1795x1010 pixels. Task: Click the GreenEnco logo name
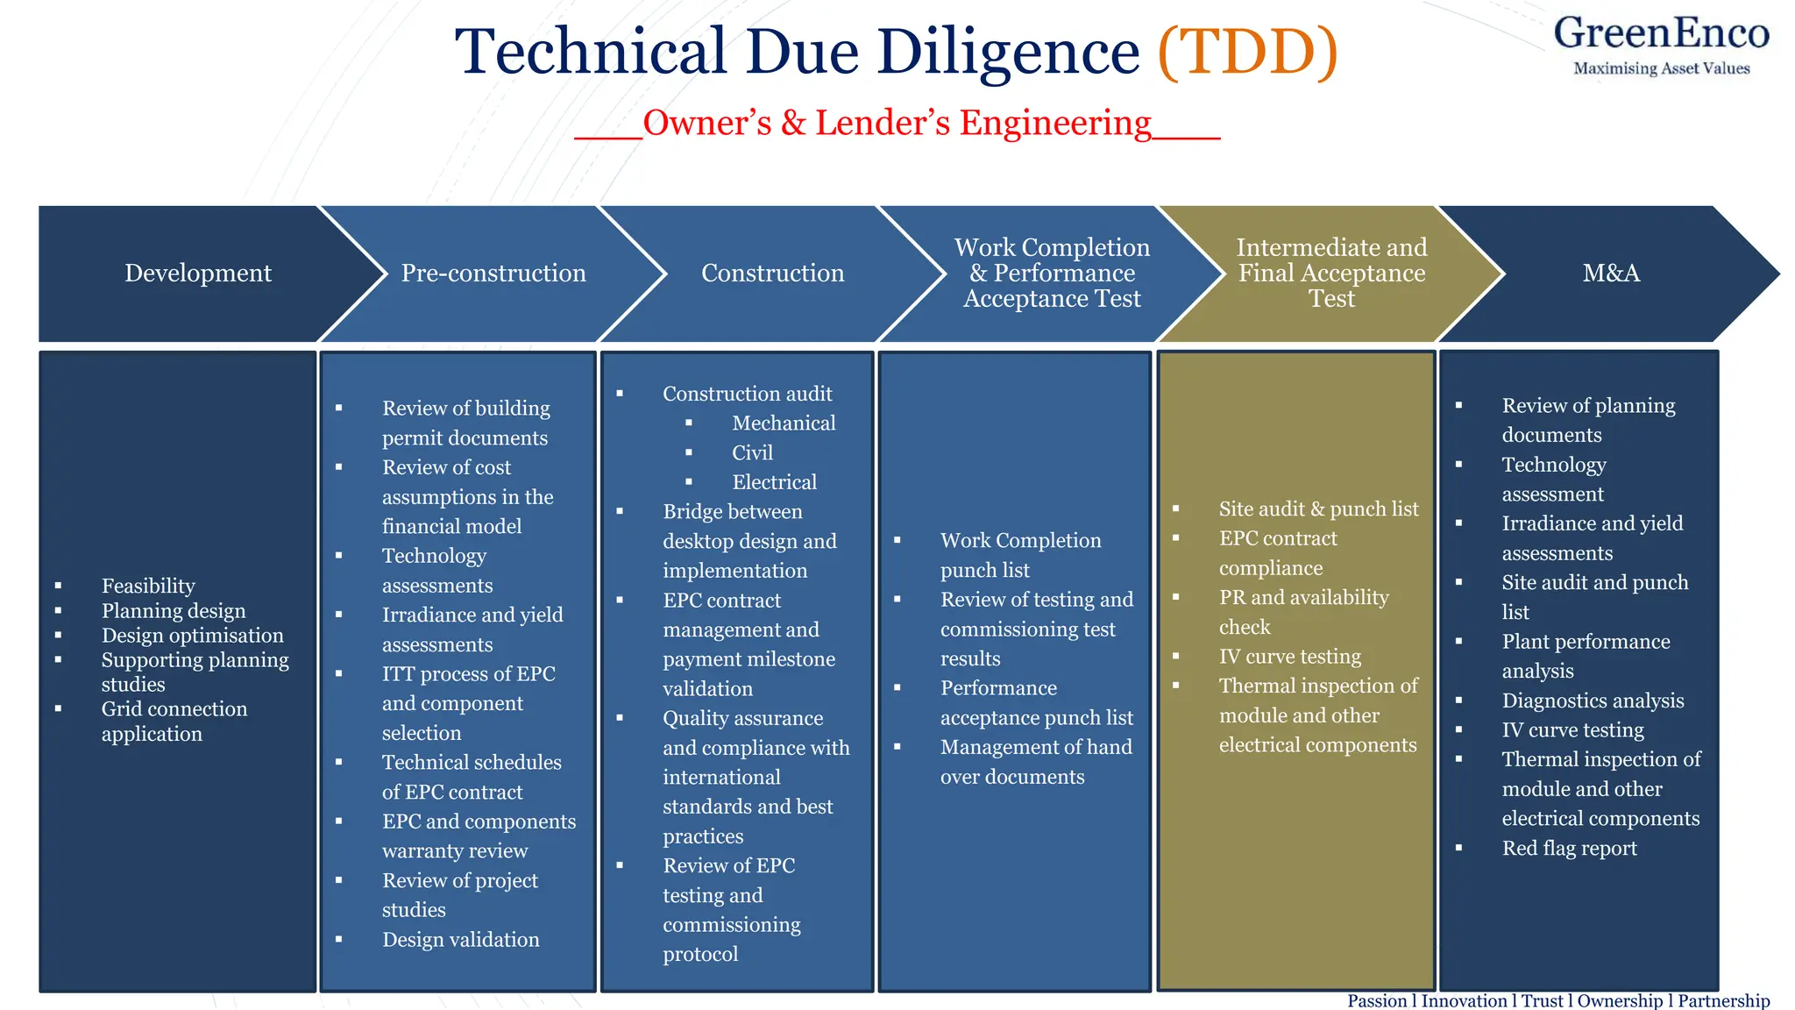pyautogui.click(x=1661, y=33)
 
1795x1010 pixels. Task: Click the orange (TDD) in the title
pyautogui.click(x=1247, y=51)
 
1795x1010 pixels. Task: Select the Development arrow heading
pyautogui.click(x=198, y=273)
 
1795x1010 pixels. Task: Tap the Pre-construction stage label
pyautogui.click(x=493, y=273)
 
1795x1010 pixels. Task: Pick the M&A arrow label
pyautogui.click(x=1611, y=273)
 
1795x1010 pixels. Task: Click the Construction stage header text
pyautogui.click(x=772, y=273)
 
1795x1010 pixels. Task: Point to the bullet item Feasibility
pyautogui.click(x=148, y=586)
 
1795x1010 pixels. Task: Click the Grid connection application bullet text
pyautogui.click(x=174, y=721)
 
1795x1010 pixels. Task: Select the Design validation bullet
pyautogui.click(x=460, y=940)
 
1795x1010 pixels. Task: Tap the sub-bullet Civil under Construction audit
pyautogui.click(x=752, y=452)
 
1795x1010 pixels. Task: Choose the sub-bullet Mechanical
pyautogui.click(x=784, y=423)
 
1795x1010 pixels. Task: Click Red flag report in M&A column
pyautogui.click(x=1569, y=848)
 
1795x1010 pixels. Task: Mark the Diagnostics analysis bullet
pyautogui.click(x=1593, y=701)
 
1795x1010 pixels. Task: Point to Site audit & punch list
pyautogui.click(x=1318, y=509)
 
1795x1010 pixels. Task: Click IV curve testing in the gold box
pyautogui.click(x=1289, y=657)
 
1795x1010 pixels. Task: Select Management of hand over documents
pyautogui.click(x=1035, y=761)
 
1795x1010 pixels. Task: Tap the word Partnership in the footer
pyautogui.click(x=1723, y=1000)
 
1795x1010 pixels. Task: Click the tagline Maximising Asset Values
pyautogui.click(x=1661, y=68)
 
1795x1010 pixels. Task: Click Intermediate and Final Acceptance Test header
pyautogui.click(x=1331, y=273)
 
